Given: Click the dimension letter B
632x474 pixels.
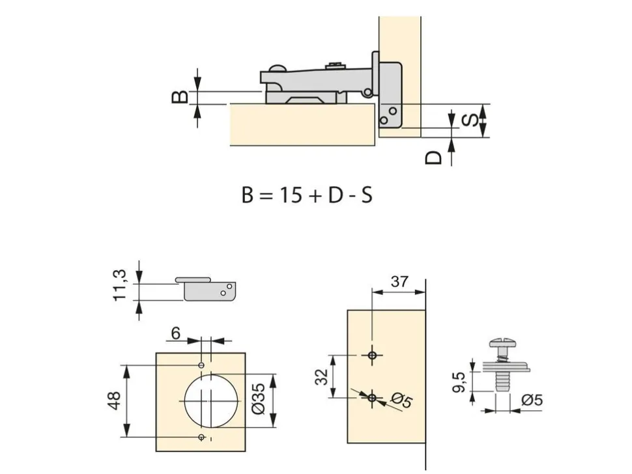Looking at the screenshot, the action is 180,96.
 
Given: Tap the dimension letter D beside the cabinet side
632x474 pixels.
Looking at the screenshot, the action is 434,158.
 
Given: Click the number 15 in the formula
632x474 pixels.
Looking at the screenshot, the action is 291,195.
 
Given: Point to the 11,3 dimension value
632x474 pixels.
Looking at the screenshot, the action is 120,285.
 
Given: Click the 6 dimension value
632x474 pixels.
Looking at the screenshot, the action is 176,333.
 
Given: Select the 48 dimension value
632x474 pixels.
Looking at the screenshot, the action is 115,400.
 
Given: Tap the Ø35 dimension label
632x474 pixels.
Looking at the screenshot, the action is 259,398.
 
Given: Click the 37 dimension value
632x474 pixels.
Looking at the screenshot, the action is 399,281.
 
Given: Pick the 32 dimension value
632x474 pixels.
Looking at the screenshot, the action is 322,376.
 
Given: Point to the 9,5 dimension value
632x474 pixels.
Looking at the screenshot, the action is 459,382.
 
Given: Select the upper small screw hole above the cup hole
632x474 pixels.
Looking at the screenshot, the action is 201,365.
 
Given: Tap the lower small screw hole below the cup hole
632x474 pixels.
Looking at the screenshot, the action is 201,438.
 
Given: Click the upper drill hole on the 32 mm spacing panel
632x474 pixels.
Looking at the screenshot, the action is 373,355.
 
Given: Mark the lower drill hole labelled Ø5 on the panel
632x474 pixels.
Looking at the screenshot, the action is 373,398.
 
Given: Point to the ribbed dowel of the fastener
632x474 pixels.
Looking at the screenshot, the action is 502,381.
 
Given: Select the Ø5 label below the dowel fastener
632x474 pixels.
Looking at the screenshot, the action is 532,400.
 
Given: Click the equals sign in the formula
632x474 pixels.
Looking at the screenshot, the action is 266,196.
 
